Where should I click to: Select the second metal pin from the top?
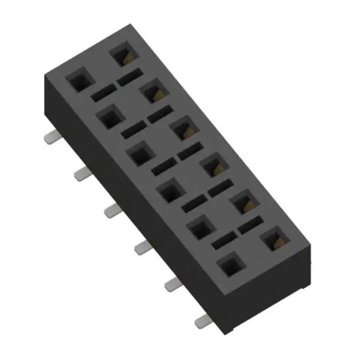pyautogui.click(x=83, y=174)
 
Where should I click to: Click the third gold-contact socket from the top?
pyautogui.click(x=182, y=128)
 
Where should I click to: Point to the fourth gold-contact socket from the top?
pyautogui.click(x=213, y=165)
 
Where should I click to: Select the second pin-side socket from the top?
pyautogui.click(x=108, y=117)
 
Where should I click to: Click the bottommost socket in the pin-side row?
pyautogui.click(x=229, y=265)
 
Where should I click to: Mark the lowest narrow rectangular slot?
pyautogui.click(x=223, y=242)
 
